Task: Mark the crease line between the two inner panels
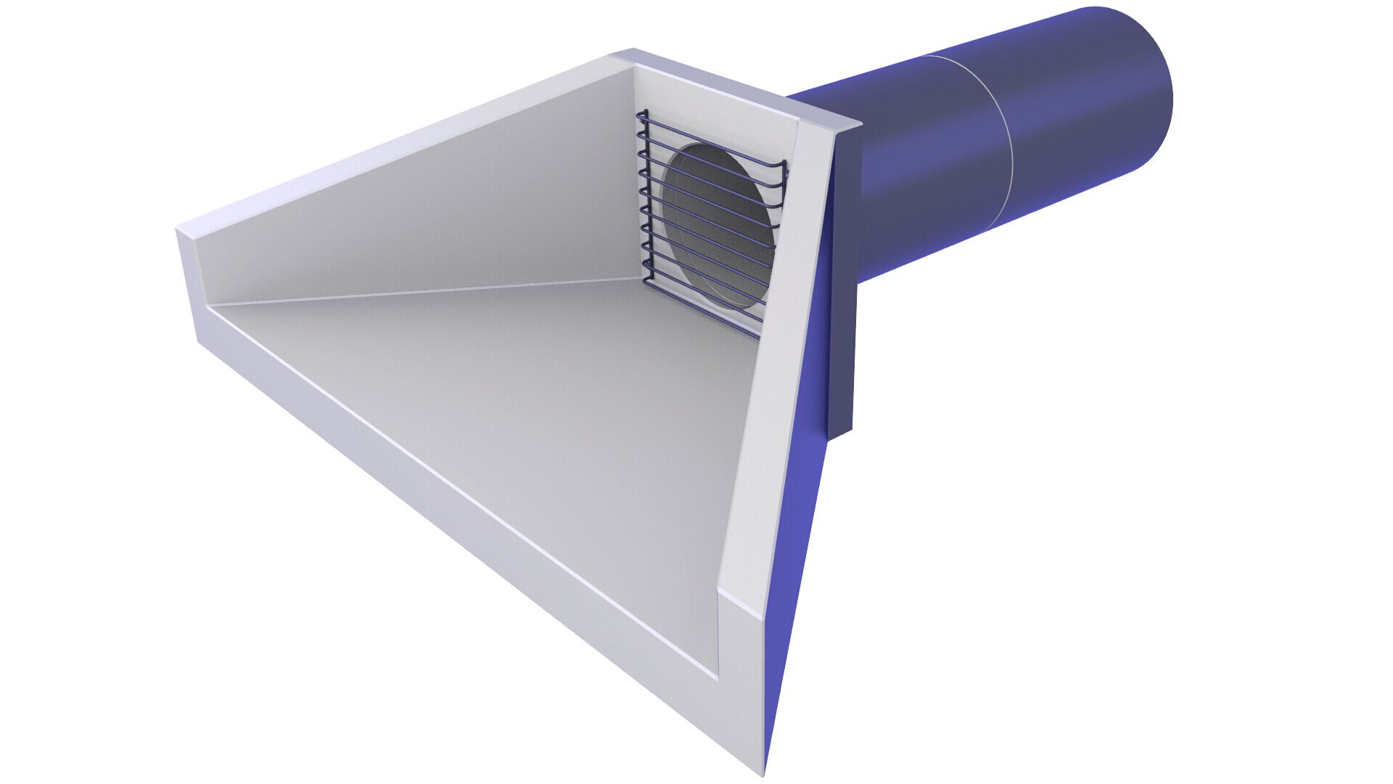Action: pyautogui.click(x=435, y=290)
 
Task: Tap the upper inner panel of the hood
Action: pyautogui.click(x=435, y=211)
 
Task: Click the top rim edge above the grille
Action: pyautogui.click(x=733, y=83)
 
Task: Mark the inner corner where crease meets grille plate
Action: pyautogui.click(x=643, y=277)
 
